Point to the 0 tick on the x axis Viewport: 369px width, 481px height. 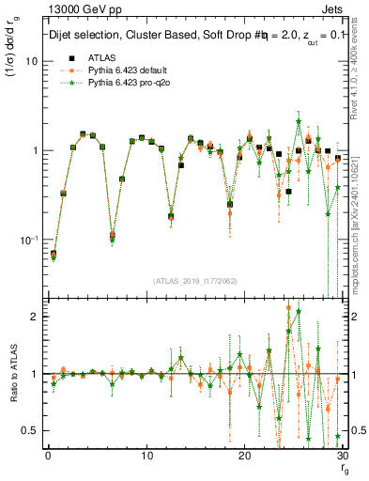tap(47, 456)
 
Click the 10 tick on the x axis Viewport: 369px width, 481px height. tap(146, 456)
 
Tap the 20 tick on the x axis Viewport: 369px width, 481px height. tap(244, 456)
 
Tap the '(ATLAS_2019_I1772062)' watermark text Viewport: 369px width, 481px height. tap(195, 280)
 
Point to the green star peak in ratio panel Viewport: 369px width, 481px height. tap(299, 311)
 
